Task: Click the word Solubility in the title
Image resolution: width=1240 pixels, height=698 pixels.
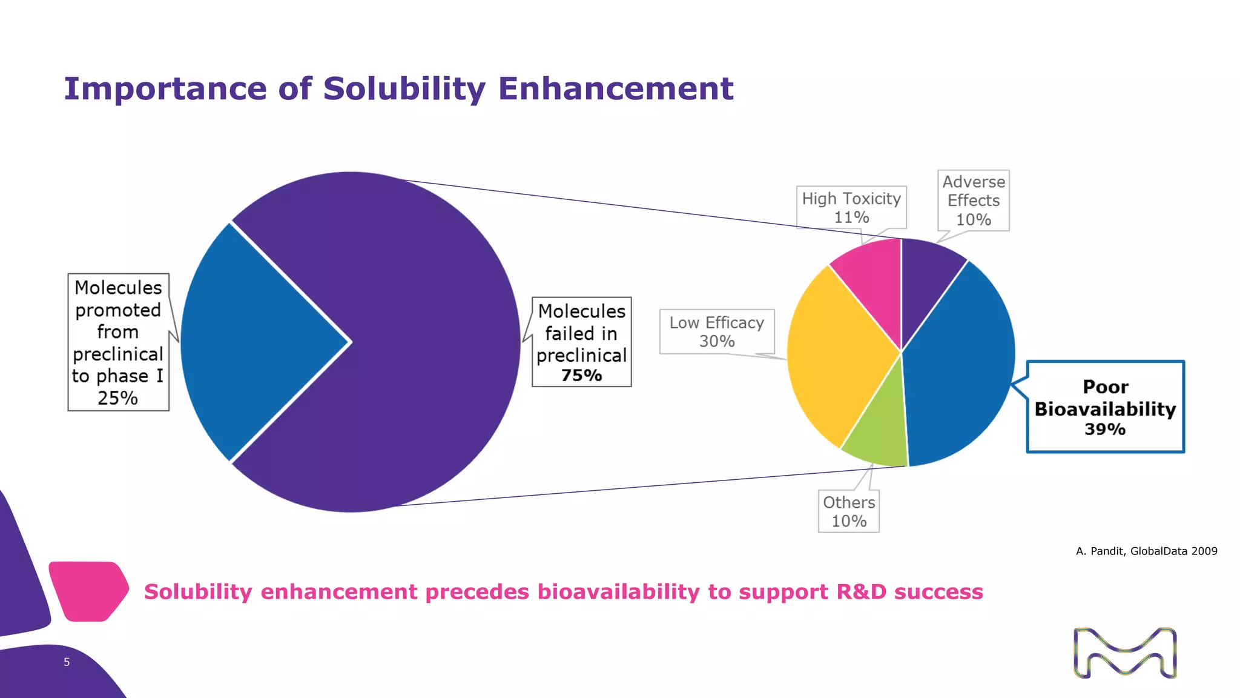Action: pos(404,89)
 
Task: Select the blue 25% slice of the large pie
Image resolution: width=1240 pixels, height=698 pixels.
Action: pos(254,342)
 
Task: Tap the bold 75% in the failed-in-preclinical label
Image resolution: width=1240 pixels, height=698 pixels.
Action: pos(581,376)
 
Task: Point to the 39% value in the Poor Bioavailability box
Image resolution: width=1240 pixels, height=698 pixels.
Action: pos(1104,430)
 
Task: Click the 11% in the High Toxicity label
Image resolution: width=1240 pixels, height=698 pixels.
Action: pos(851,218)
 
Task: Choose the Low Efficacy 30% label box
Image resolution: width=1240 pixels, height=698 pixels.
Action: pos(717,331)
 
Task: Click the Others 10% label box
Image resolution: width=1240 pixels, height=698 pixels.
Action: pos(848,511)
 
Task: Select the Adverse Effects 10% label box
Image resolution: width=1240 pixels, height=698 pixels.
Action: pos(973,200)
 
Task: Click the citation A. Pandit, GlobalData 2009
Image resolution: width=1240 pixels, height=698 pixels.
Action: pos(1146,551)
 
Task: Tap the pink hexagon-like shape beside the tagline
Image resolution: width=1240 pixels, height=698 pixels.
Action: pos(88,591)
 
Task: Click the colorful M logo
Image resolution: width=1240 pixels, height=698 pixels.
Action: pos(1125,653)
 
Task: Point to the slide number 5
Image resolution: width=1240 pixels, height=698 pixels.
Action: pos(67,662)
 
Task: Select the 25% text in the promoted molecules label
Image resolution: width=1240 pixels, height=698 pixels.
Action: pos(117,398)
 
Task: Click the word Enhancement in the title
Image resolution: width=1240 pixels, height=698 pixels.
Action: pos(615,89)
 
